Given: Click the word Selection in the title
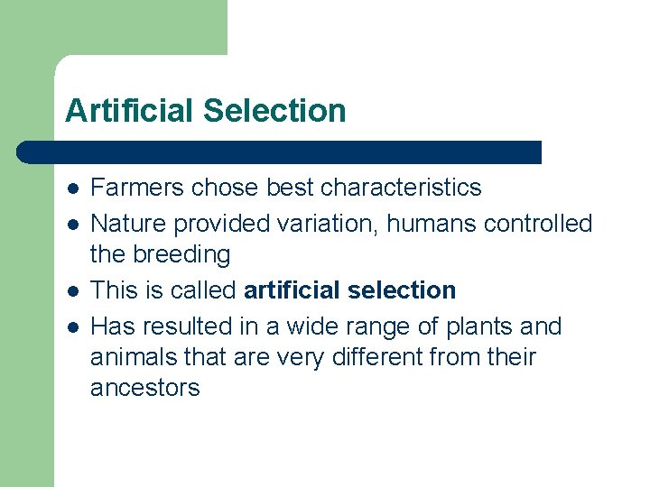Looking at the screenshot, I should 274,111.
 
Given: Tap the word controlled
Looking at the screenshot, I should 538,223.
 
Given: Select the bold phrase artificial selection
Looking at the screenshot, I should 350,290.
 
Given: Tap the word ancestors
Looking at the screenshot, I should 144,389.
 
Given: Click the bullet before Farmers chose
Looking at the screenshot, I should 72,188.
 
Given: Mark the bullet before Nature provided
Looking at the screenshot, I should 72,224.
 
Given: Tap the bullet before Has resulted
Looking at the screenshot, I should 72,326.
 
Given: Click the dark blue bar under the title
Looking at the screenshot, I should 280,152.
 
